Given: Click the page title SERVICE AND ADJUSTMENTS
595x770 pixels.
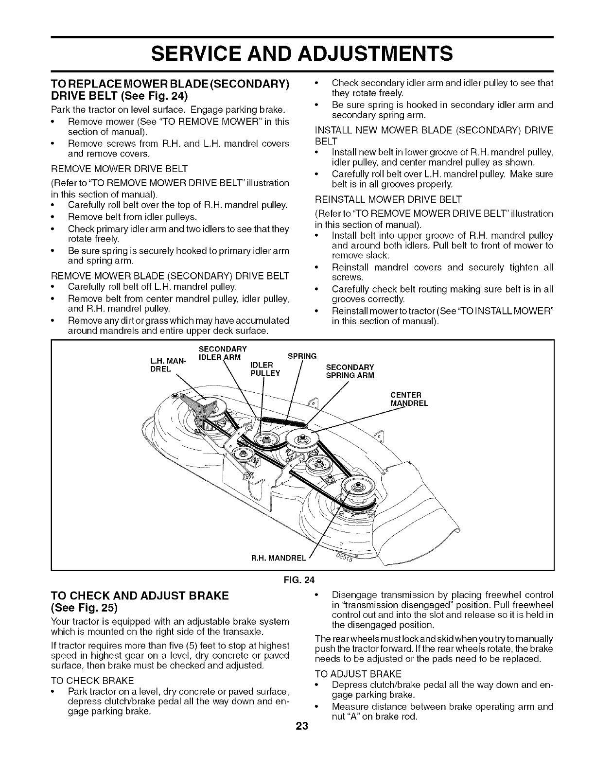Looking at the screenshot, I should pos(297,52).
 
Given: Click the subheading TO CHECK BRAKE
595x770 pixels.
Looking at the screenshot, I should pos(92,680).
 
